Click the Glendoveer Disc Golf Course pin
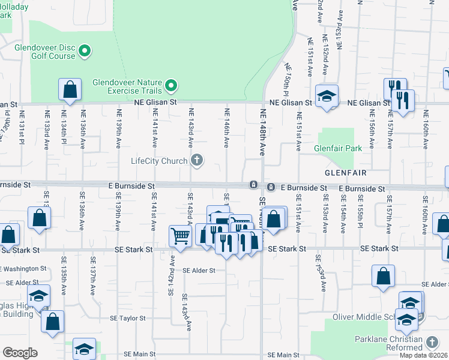pos(85,50)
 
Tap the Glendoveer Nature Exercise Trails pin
pos(172,85)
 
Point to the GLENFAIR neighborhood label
pos(346,172)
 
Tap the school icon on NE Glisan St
pos(327,96)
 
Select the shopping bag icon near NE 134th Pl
pos(70,90)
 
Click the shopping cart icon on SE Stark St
pos(180,236)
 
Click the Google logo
pos(20,353)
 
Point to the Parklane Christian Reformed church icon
pos(432,341)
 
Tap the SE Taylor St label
pos(128,319)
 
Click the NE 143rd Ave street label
pos(191,128)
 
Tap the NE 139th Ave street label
pos(118,128)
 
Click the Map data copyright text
pos(423,355)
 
